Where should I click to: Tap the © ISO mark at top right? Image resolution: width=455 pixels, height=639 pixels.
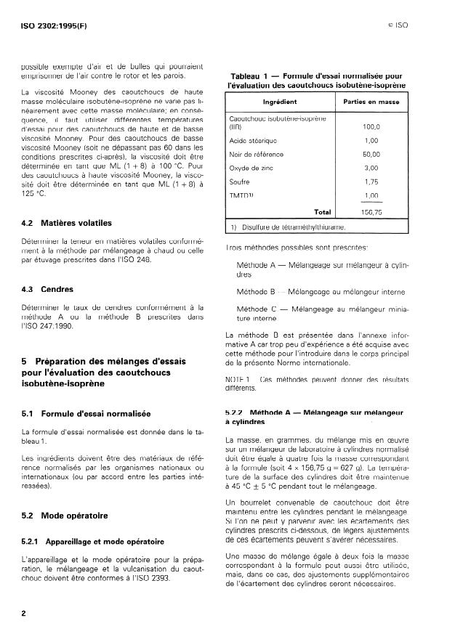pos(397,25)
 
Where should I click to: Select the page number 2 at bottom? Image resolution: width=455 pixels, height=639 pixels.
pos(24,614)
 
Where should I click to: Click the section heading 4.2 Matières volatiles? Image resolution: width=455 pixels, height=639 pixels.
pos(67,223)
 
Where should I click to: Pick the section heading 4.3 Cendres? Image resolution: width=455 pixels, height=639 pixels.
pos(49,289)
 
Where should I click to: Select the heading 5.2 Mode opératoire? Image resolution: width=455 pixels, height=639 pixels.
pos(65,516)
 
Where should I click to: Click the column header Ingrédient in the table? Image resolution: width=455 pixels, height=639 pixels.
pos(279,102)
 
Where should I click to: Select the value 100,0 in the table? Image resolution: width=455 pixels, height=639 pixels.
pos(371,127)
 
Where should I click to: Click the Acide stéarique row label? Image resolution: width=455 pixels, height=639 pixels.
pos(253,140)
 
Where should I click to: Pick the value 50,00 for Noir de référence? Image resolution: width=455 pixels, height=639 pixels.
pos(371,154)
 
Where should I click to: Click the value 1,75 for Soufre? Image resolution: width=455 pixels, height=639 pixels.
pos(371,182)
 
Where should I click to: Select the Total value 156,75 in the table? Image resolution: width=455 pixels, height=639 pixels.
pos(371,211)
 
